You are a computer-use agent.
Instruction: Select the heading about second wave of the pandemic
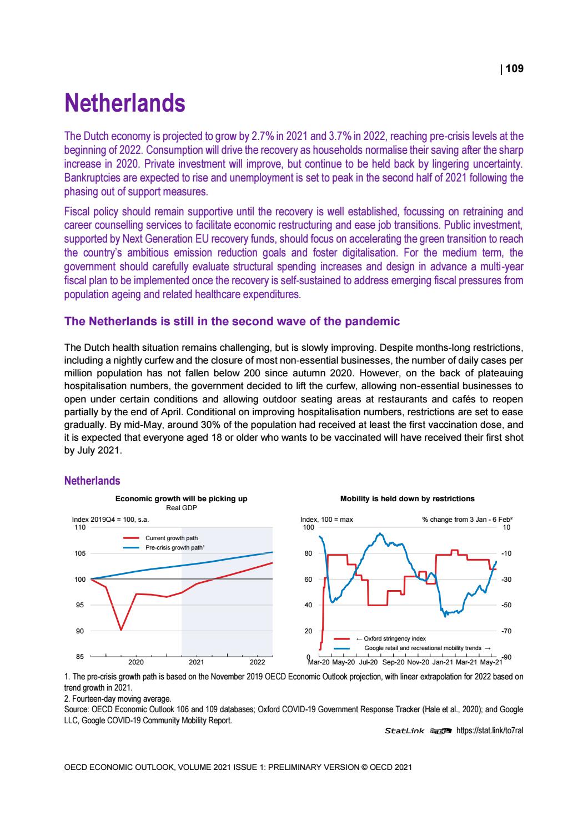tap(232, 321)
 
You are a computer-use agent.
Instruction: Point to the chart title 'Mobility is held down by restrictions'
tap(407, 498)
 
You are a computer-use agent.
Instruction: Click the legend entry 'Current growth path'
tap(171, 538)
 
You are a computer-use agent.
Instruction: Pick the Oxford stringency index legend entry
tap(394, 639)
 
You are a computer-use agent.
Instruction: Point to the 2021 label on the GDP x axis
tap(197, 662)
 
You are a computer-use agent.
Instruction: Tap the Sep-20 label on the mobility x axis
tap(394, 662)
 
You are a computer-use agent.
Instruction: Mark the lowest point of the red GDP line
tap(121, 630)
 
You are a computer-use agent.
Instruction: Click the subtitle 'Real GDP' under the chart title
tap(182, 507)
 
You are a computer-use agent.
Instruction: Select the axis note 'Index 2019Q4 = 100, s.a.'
tap(111, 520)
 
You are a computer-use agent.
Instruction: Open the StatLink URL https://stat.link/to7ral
tap(489, 731)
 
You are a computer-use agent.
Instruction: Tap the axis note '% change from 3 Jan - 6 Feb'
tap(466, 520)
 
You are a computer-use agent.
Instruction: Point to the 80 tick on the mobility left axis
tap(309, 553)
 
